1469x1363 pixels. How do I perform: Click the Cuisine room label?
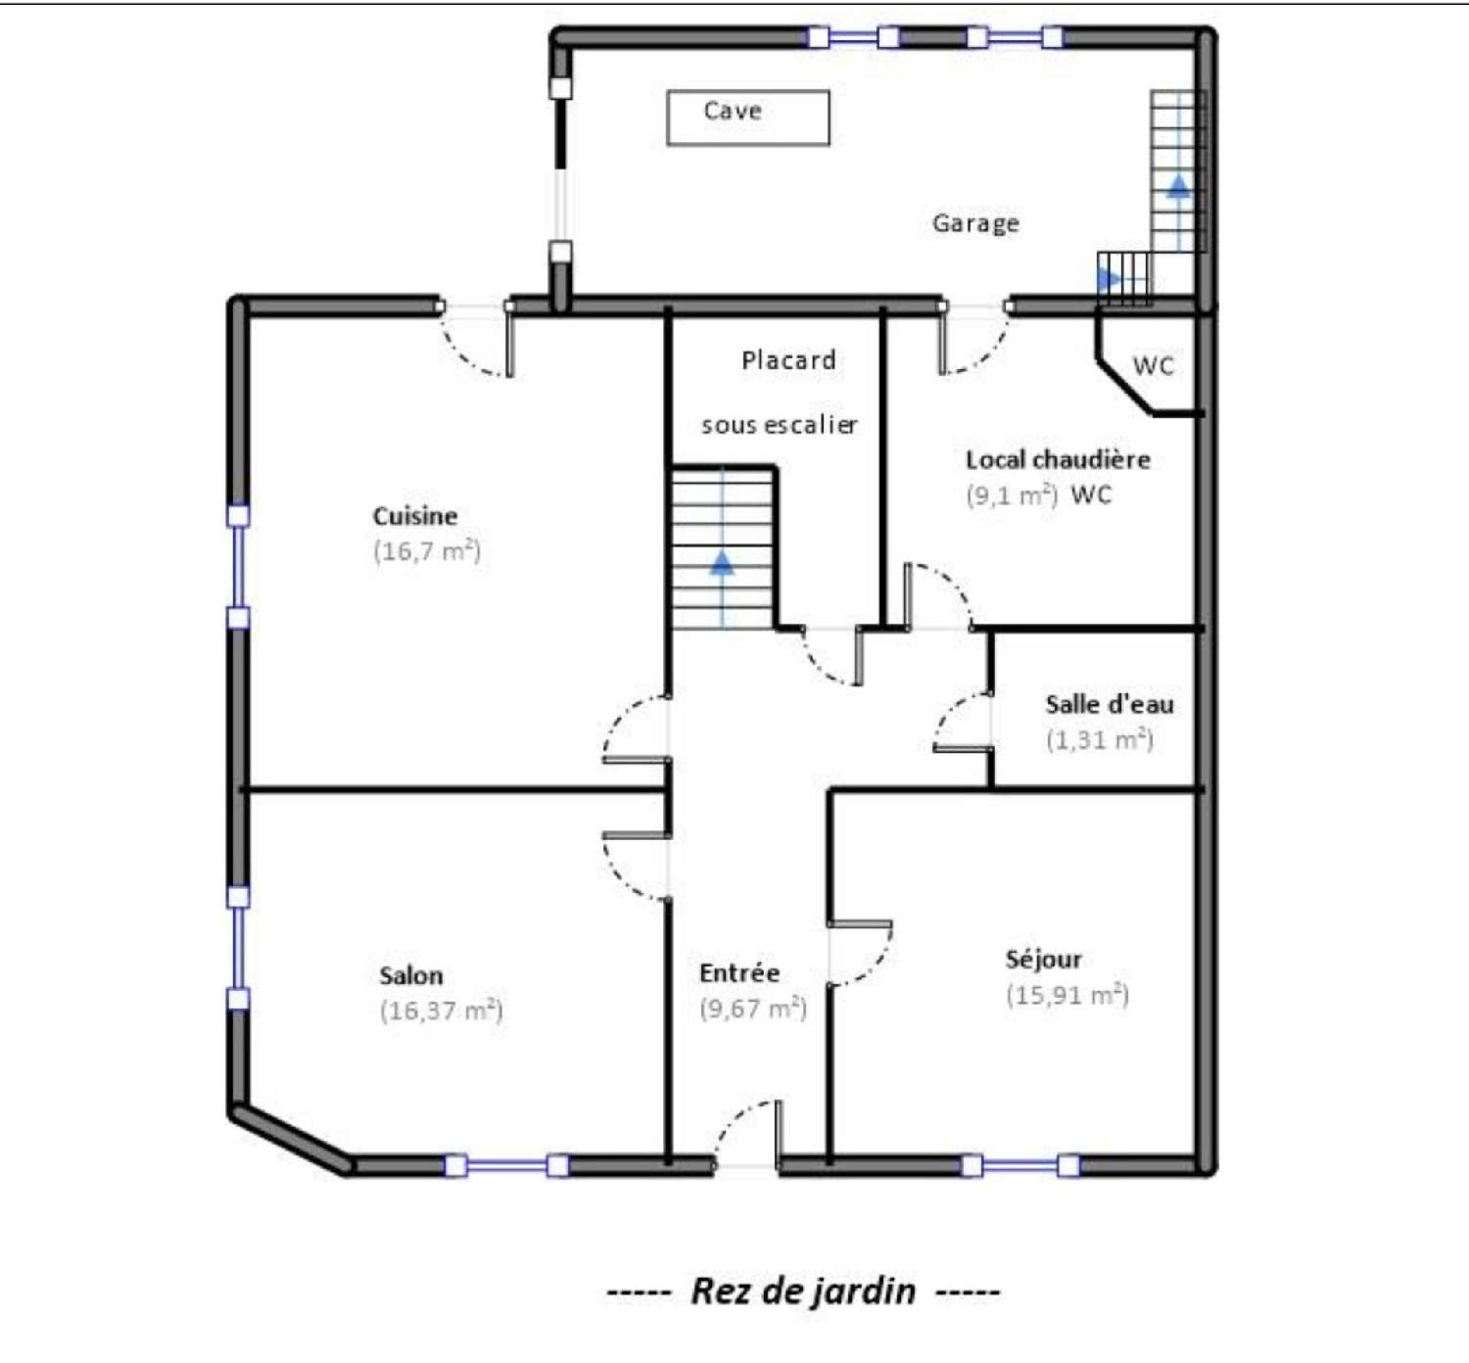pos(415,515)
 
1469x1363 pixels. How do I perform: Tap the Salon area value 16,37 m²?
pos(442,1010)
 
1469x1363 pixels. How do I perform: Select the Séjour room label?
pos(1044,960)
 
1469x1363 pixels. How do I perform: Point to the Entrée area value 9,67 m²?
pos(753,1008)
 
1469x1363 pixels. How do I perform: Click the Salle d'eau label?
pos(1110,704)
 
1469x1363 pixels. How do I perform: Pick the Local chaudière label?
pos(1058,459)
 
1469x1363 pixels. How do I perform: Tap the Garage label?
pos(975,223)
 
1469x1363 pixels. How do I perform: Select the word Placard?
pos(788,360)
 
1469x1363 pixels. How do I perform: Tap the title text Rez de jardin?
pos(803,1291)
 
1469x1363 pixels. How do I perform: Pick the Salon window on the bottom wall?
pos(506,1166)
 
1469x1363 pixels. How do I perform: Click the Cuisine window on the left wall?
pos(238,567)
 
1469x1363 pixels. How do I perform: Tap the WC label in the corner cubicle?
pos(1153,365)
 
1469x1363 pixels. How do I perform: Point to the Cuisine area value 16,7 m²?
pos(427,551)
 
